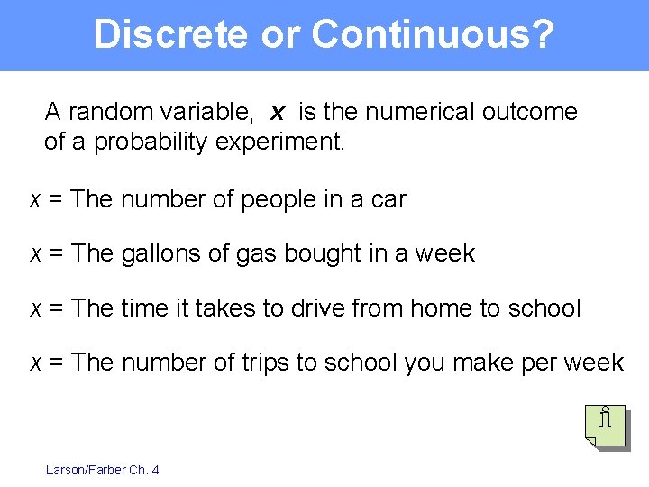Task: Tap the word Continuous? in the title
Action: click(x=432, y=34)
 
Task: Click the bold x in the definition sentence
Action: click(x=278, y=113)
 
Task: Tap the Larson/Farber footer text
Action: click(x=102, y=470)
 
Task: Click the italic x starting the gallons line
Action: click(x=34, y=254)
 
